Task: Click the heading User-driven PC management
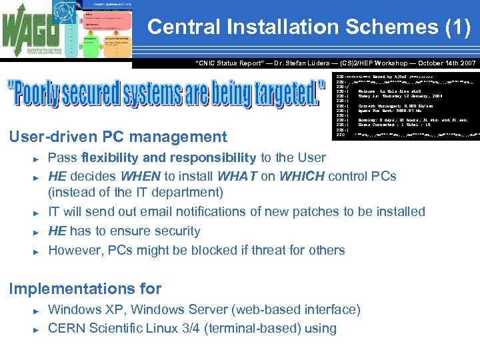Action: pyautogui.click(x=117, y=137)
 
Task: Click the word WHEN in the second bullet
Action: pyautogui.click(x=143, y=177)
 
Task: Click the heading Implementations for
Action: pyautogui.click(x=85, y=289)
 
